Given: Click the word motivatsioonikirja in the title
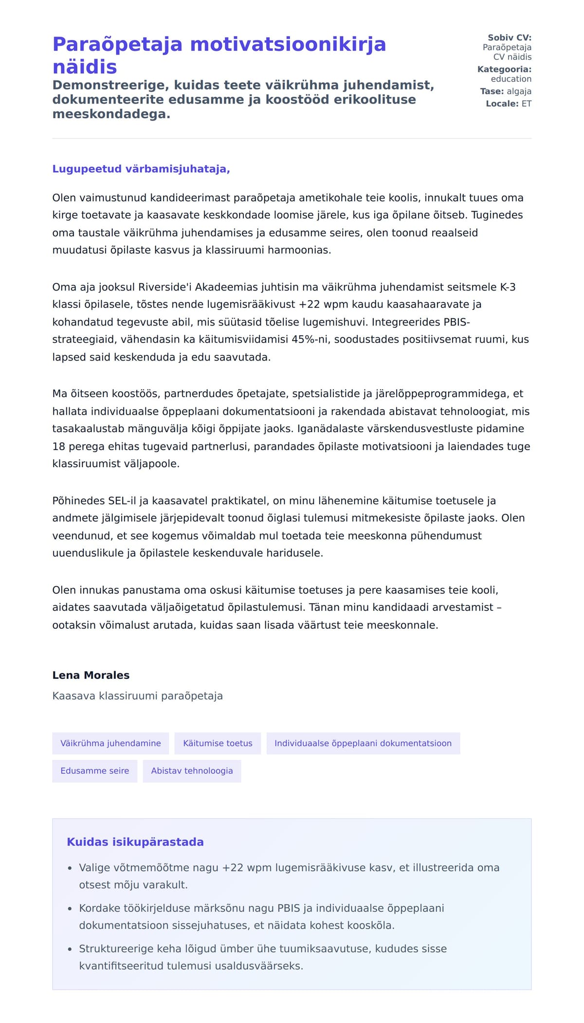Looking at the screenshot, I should [x=288, y=44].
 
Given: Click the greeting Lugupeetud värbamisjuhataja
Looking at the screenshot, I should [x=141, y=169].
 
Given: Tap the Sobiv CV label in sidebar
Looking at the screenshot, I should [x=509, y=37].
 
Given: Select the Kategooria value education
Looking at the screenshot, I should [x=511, y=79].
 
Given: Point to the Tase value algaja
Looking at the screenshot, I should [x=518, y=91].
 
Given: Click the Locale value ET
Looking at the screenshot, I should [x=526, y=104].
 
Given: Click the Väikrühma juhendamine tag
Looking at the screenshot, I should [x=110, y=743].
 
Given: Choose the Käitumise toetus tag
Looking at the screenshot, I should [x=218, y=743].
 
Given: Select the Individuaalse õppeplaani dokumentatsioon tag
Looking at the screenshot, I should [x=363, y=743].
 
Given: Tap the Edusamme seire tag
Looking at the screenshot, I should [x=94, y=771].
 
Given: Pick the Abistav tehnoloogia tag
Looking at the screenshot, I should [x=192, y=771].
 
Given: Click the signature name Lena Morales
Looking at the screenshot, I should [x=91, y=675].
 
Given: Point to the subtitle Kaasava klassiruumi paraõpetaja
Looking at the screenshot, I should [x=137, y=696].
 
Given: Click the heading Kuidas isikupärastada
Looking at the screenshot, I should [x=135, y=842].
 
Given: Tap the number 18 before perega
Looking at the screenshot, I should [x=58, y=446].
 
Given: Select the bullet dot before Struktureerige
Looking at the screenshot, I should [x=70, y=949].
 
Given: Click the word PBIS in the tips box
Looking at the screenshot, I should [x=289, y=908].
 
